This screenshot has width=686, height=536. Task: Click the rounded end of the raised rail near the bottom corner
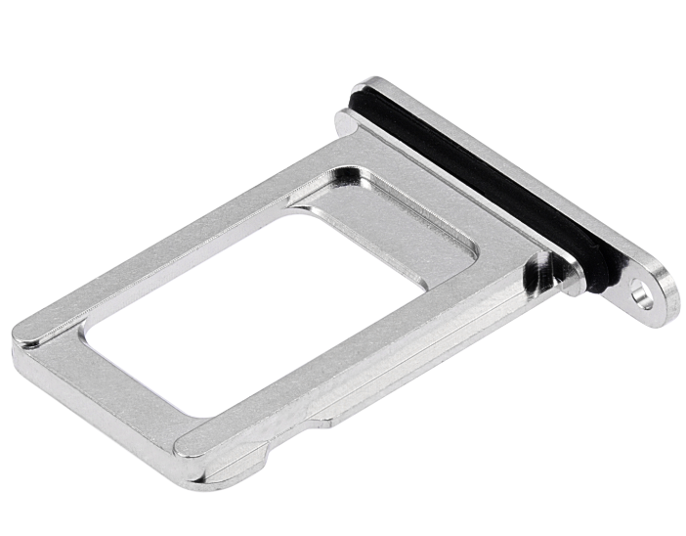(x=186, y=446)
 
